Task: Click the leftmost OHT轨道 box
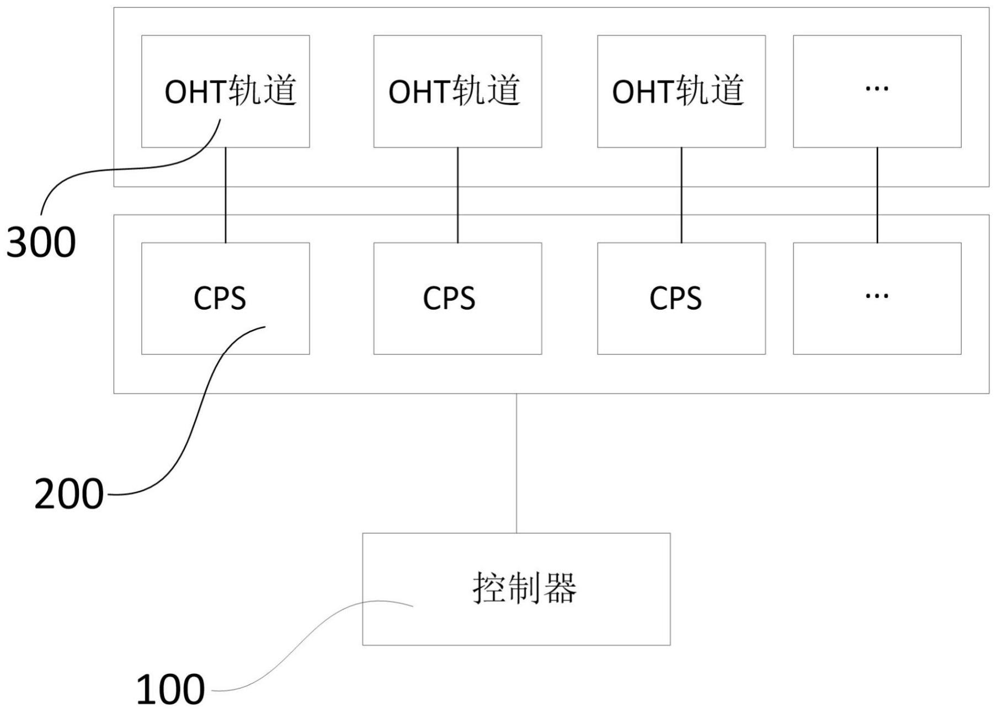(x=225, y=91)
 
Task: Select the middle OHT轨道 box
(x=457, y=91)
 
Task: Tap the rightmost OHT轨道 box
(x=681, y=91)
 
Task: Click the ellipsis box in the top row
(x=877, y=91)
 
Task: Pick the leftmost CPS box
(x=225, y=298)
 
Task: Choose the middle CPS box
(x=457, y=298)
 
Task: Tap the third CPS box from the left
(x=681, y=298)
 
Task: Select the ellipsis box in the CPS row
(x=877, y=298)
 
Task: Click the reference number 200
(x=69, y=494)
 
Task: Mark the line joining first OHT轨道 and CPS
(x=225, y=199)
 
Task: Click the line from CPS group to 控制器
(x=516, y=464)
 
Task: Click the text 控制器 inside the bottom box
(x=524, y=588)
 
